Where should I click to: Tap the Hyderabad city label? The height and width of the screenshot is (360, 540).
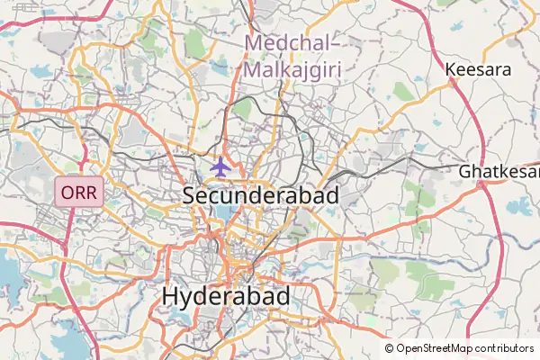226,296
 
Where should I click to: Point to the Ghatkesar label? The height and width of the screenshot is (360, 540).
499,171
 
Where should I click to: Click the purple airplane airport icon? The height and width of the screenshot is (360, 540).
220,166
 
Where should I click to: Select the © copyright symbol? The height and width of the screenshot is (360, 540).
390,348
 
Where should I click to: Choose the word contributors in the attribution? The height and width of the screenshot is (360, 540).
505,348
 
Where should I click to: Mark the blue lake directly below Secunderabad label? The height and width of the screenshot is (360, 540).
223,214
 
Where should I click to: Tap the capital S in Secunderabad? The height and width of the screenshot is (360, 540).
190,194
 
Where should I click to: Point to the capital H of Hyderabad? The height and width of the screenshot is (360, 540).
171,296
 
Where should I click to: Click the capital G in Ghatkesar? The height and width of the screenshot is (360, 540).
465,171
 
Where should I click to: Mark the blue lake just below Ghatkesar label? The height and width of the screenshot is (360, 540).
519,206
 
